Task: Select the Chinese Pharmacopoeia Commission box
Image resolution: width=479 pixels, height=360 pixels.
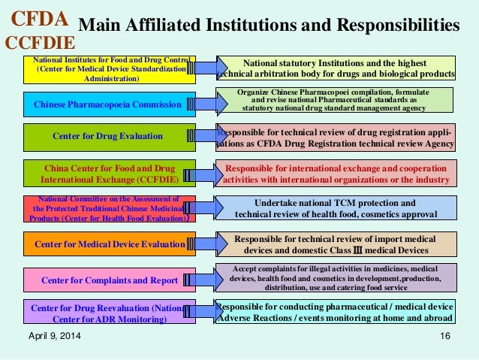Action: [107, 104]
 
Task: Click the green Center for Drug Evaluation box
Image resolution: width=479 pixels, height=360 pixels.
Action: [107, 137]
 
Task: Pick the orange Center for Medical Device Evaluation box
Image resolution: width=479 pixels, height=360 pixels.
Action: [107, 244]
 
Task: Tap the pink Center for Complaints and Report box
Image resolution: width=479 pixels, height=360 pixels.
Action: [107, 280]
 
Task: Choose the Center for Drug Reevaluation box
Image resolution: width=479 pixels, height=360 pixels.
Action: [107, 313]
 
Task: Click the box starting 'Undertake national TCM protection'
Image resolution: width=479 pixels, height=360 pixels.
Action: [336, 208]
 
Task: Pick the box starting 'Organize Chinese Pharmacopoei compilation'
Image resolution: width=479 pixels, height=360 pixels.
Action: [336, 99]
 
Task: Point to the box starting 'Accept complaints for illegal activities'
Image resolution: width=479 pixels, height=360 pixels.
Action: [336, 277]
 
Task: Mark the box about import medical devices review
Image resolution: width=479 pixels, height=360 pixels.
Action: [336, 244]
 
